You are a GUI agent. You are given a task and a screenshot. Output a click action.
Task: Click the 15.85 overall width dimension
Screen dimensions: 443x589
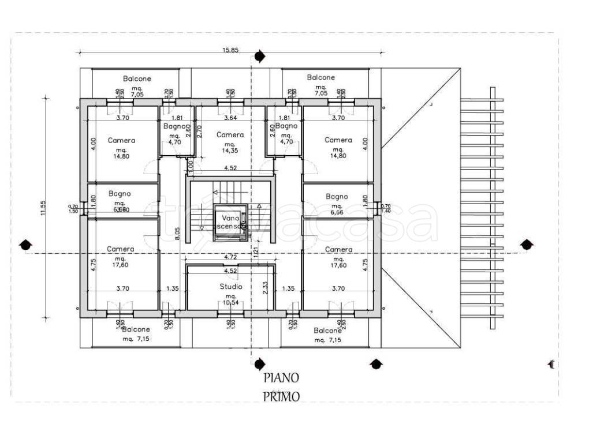pos(230,50)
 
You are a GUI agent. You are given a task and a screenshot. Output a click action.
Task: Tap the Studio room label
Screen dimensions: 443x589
pos(230,287)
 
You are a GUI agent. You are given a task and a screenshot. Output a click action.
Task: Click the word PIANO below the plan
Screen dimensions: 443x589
pos(281,378)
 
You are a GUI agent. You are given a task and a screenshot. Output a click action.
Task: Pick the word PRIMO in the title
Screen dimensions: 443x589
pos(281,397)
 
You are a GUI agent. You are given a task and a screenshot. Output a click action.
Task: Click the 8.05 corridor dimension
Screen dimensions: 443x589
pos(178,233)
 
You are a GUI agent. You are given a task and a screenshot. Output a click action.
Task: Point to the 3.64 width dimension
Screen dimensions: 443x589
pos(230,118)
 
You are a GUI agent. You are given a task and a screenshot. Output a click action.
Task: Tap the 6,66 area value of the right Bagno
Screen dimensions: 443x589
pos(337,212)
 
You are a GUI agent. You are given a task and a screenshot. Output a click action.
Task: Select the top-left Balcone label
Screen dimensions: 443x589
pos(137,78)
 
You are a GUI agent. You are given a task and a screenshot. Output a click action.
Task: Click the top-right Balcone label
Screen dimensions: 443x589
pos(320,77)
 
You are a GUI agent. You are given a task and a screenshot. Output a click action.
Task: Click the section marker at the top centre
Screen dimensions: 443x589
pos(259,56)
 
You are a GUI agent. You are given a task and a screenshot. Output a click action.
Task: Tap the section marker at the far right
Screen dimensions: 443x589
pos(526,245)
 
